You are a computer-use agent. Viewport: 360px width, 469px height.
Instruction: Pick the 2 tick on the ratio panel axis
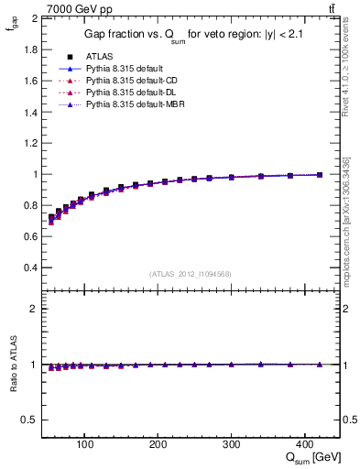pyautogui.click(x=34, y=309)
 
